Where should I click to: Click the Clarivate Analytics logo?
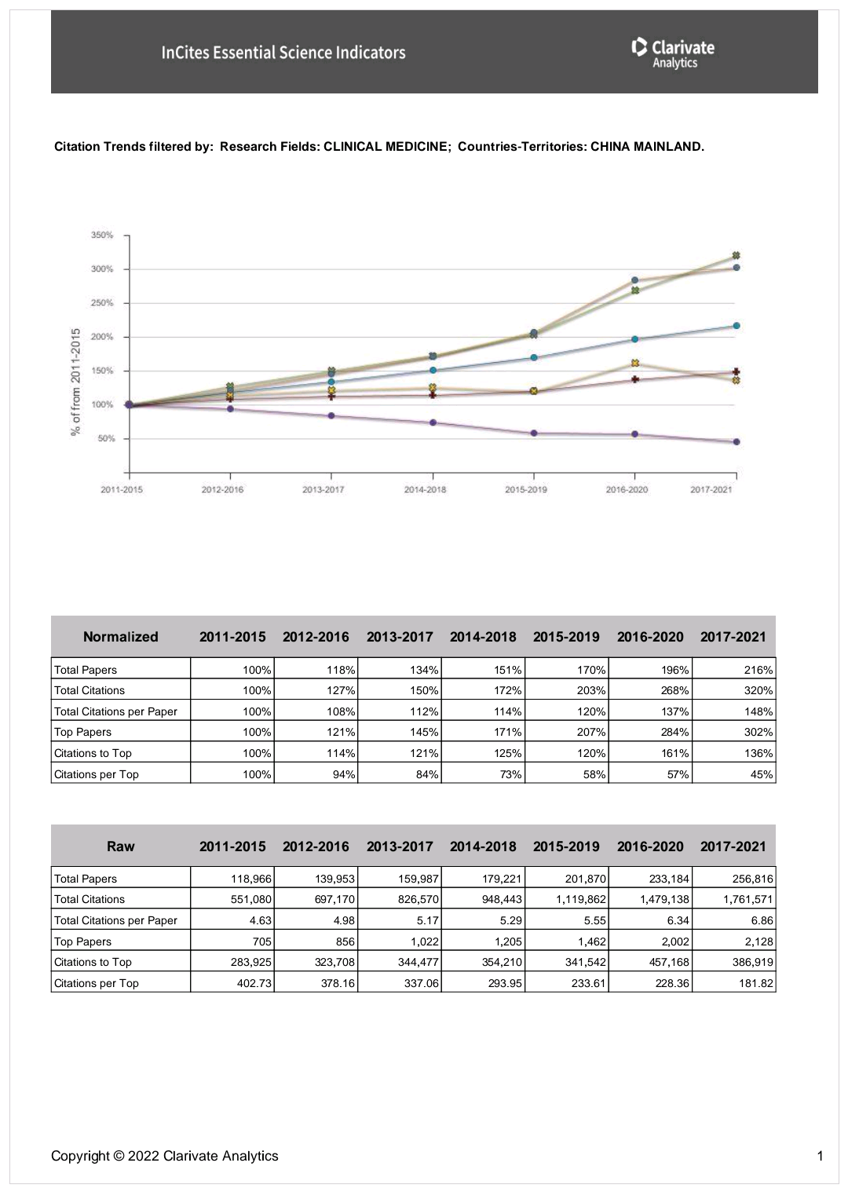click(x=673, y=52)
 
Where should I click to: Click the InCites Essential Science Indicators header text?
click(x=283, y=53)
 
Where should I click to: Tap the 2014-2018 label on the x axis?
click(x=425, y=489)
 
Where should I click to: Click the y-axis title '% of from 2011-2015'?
click(x=76, y=381)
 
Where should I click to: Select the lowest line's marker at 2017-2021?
click(x=736, y=442)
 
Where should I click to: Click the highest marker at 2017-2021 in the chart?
click(x=736, y=255)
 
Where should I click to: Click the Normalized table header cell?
click(x=120, y=637)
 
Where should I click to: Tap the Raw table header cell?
click(x=120, y=846)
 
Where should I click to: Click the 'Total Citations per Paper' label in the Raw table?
click(x=115, y=920)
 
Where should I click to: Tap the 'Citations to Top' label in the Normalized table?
click(x=93, y=753)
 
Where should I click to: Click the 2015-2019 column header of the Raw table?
click(x=566, y=846)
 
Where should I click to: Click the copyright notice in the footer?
click(x=165, y=1156)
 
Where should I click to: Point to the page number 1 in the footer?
click(x=820, y=1156)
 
